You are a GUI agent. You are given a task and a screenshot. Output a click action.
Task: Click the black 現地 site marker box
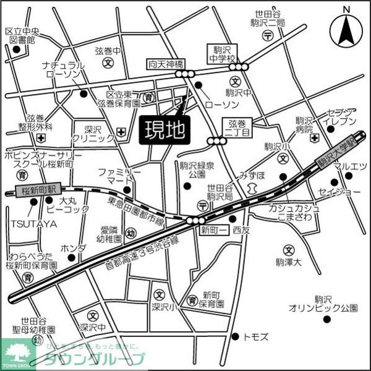pyautogui.click(x=164, y=130)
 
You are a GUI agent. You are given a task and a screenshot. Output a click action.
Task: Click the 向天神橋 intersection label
pyautogui.click(x=166, y=64)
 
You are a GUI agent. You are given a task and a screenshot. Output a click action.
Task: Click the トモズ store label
pyautogui.click(x=256, y=336)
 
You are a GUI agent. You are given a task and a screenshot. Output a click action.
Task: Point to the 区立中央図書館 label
pyautogui.click(x=21, y=35)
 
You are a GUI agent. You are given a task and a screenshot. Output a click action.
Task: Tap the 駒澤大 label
pyautogui.click(x=288, y=262)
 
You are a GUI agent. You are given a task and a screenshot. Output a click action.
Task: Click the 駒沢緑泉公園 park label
pyautogui.click(x=197, y=170)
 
